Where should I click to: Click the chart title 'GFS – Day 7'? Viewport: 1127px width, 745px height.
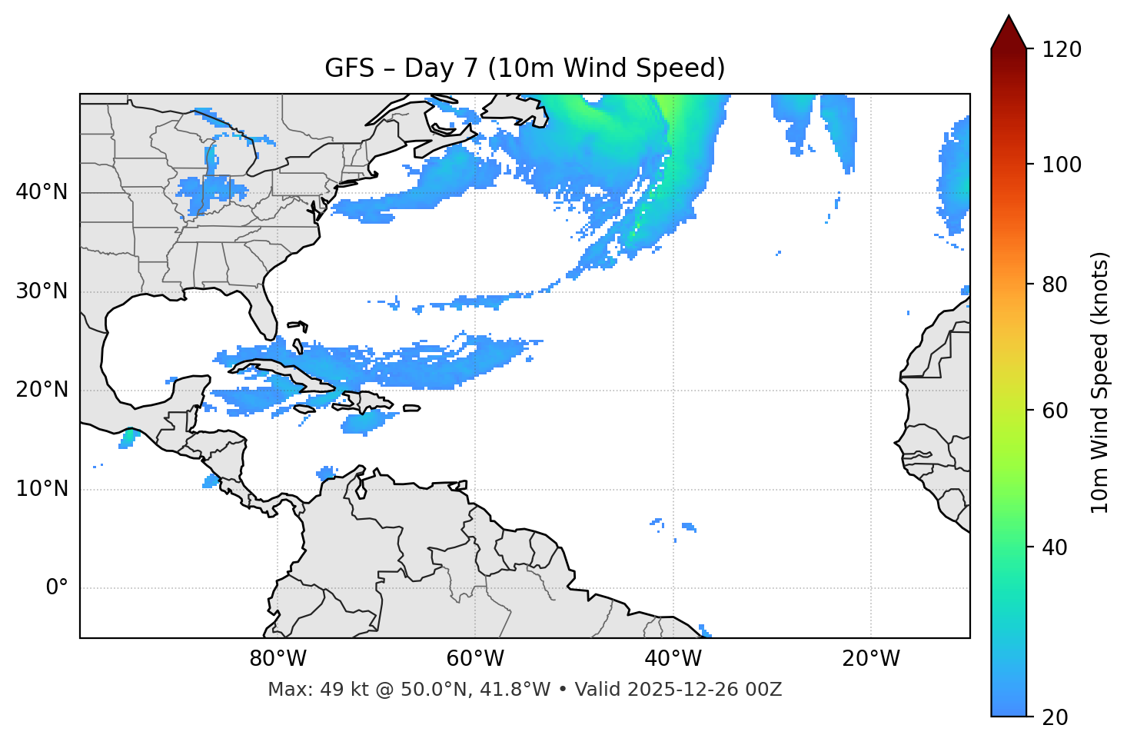point(524,68)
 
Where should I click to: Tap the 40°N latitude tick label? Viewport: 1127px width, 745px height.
point(42,192)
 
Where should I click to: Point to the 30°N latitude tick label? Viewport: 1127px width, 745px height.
point(42,291)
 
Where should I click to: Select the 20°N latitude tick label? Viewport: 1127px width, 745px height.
point(42,390)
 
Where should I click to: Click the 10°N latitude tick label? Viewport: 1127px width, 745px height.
point(42,489)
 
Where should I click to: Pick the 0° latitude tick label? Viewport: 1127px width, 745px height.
point(57,588)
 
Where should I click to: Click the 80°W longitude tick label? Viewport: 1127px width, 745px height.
point(278,659)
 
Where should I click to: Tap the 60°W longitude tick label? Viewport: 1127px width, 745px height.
point(475,659)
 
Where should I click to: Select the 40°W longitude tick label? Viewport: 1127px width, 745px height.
point(673,659)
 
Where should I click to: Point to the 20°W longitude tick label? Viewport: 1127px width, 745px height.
point(870,659)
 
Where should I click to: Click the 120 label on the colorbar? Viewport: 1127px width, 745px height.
point(1062,49)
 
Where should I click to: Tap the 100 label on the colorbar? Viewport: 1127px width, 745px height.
point(1062,165)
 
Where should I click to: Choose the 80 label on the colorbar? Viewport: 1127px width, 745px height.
point(1056,284)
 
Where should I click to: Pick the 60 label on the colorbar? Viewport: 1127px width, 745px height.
point(1056,411)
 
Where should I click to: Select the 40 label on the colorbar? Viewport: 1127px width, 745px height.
point(1056,547)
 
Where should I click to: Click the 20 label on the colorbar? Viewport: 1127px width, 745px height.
point(1056,717)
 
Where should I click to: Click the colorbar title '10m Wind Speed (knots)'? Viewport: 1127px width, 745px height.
point(1100,382)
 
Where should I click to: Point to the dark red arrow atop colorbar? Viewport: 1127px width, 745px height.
point(1009,32)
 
